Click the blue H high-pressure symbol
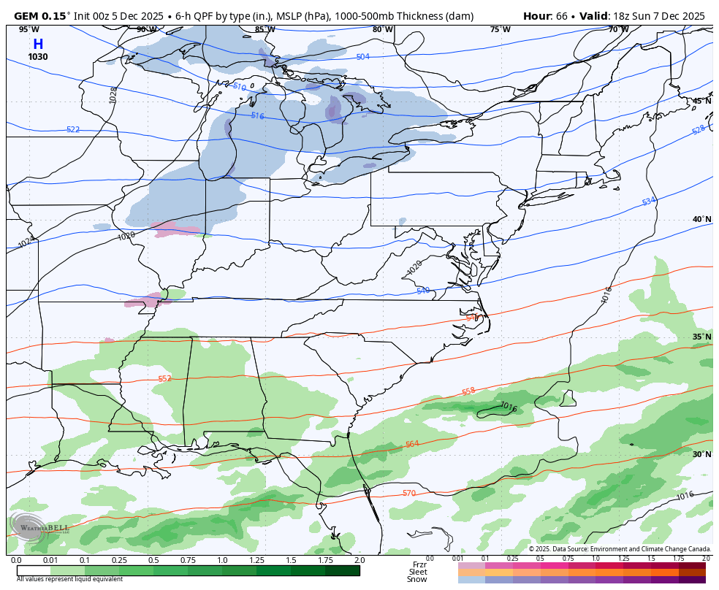click(38, 45)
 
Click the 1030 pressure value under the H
click(38, 57)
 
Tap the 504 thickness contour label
click(362, 57)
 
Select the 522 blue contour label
click(73, 130)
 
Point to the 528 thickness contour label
click(698, 130)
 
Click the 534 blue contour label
click(649, 201)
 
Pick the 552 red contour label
click(165, 378)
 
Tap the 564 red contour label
click(412, 444)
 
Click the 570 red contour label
click(409, 494)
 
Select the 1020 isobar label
click(414, 268)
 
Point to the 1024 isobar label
click(26, 242)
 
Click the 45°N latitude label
click(701, 101)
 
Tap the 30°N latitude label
click(701, 454)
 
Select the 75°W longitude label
click(500, 29)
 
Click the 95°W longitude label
click(29, 29)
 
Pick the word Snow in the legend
click(417, 579)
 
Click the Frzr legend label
click(419, 564)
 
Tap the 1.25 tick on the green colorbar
click(256, 560)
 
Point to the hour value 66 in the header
click(562, 16)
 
